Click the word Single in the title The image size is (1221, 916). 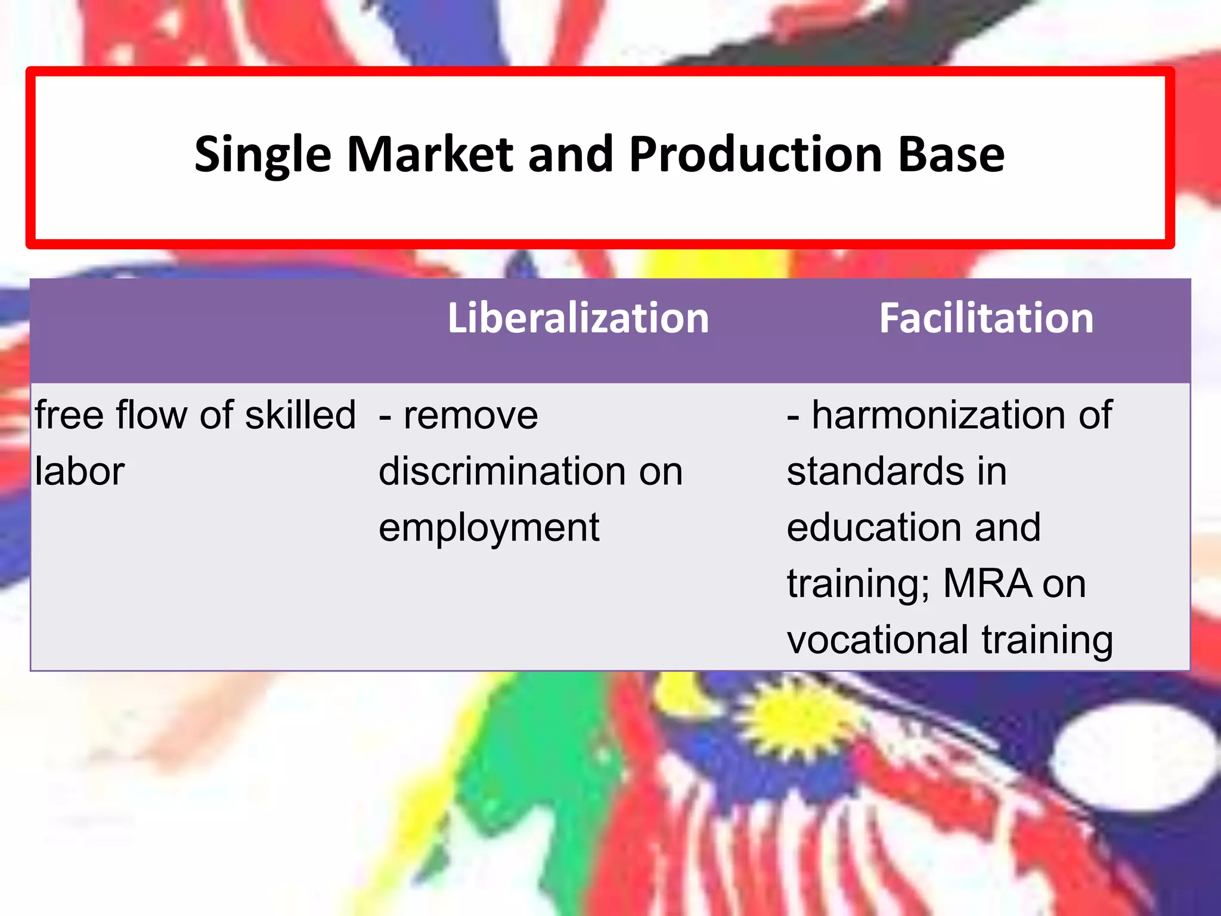pos(262,155)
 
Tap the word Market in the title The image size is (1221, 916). pos(429,155)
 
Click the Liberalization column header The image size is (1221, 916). pos(578,318)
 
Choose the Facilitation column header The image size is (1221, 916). pos(986,318)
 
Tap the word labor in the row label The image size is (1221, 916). pos(79,471)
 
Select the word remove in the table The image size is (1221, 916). pos(470,415)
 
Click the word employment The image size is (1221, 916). pos(489,528)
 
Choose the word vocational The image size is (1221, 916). pos(877,639)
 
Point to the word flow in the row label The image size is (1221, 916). pos(151,415)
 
